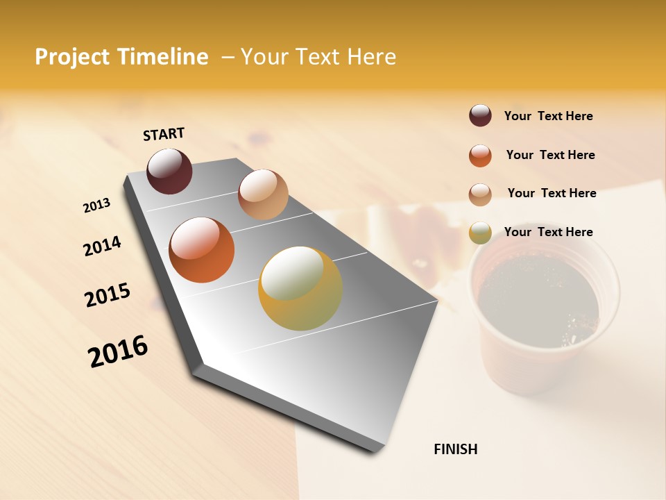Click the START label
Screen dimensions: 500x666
tap(164, 134)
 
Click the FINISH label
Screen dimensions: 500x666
tap(455, 449)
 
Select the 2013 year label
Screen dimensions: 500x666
tap(96, 206)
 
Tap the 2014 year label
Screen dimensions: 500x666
tap(102, 247)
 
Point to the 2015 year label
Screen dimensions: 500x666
tap(108, 295)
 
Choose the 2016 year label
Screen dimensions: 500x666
tap(118, 351)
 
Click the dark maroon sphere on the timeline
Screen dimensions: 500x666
tap(169, 171)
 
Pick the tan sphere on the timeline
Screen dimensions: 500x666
tap(263, 194)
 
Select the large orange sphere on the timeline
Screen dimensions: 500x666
tap(202, 250)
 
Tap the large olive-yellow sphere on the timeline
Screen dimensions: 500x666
tap(300, 288)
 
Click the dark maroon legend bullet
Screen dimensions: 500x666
tap(480, 115)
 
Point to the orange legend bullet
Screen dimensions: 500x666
tap(480, 156)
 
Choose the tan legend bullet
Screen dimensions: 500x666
tap(480, 194)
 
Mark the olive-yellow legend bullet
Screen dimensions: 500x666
tap(480, 233)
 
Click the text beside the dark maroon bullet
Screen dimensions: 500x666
tap(548, 116)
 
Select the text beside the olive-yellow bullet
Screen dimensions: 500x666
tap(548, 232)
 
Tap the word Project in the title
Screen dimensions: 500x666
tap(74, 57)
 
